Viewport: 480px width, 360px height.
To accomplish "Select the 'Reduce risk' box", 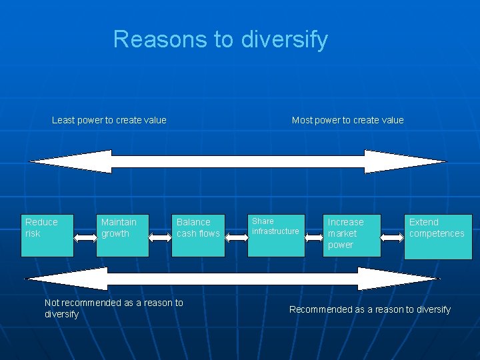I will tap(47, 235).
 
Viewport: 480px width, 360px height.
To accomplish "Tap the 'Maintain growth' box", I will tap(123, 235).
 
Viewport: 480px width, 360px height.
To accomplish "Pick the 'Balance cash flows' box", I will tap(198, 235).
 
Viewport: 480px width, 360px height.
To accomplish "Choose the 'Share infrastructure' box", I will tap(277, 235).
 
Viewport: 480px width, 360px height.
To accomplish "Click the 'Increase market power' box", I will tap(352, 235).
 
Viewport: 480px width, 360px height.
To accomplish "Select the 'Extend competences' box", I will tap(438, 236).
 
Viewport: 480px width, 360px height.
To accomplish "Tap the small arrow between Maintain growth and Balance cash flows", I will tap(161, 235).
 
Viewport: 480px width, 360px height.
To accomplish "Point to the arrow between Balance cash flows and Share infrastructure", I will tap(237, 235).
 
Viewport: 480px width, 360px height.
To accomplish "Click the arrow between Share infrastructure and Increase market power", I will tap(313, 235).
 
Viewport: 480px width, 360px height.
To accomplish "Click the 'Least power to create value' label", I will tap(109, 120).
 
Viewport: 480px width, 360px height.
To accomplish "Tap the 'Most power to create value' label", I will tap(347, 120).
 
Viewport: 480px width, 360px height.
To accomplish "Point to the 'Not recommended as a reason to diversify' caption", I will tap(113, 308).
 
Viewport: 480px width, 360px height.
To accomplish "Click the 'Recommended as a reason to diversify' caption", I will tap(369, 309).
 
